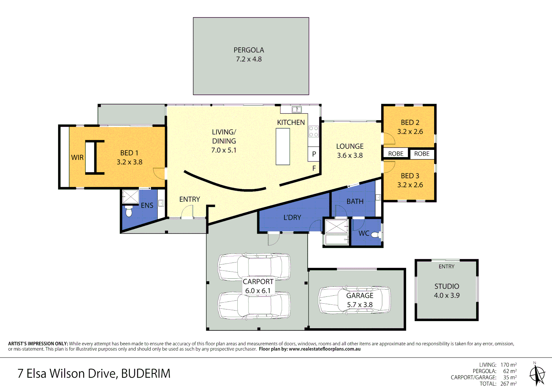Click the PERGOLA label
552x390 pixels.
(x=249, y=50)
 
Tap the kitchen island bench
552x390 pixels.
(x=283, y=147)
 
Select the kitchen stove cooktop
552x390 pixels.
(x=313, y=131)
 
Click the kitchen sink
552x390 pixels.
(x=297, y=109)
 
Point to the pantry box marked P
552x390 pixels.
(x=314, y=154)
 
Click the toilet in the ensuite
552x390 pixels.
(x=129, y=212)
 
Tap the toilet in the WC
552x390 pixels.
(x=375, y=235)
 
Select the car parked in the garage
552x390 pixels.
(x=354, y=300)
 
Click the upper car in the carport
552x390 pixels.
(x=254, y=267)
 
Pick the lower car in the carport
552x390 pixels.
(x=254, y=305)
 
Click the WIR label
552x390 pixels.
(x=77, y=157)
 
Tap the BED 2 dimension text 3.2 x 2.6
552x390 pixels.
(x=410, y=132)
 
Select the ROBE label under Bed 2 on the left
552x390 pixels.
(x=396, y=154)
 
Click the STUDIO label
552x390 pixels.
(x=447, y=286)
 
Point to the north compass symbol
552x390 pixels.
(x=537, y=374)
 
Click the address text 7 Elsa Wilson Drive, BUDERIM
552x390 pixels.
(x=94, y=373)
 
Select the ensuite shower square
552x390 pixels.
(x=130, y=197)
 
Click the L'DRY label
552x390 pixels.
(x=292, y=218)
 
